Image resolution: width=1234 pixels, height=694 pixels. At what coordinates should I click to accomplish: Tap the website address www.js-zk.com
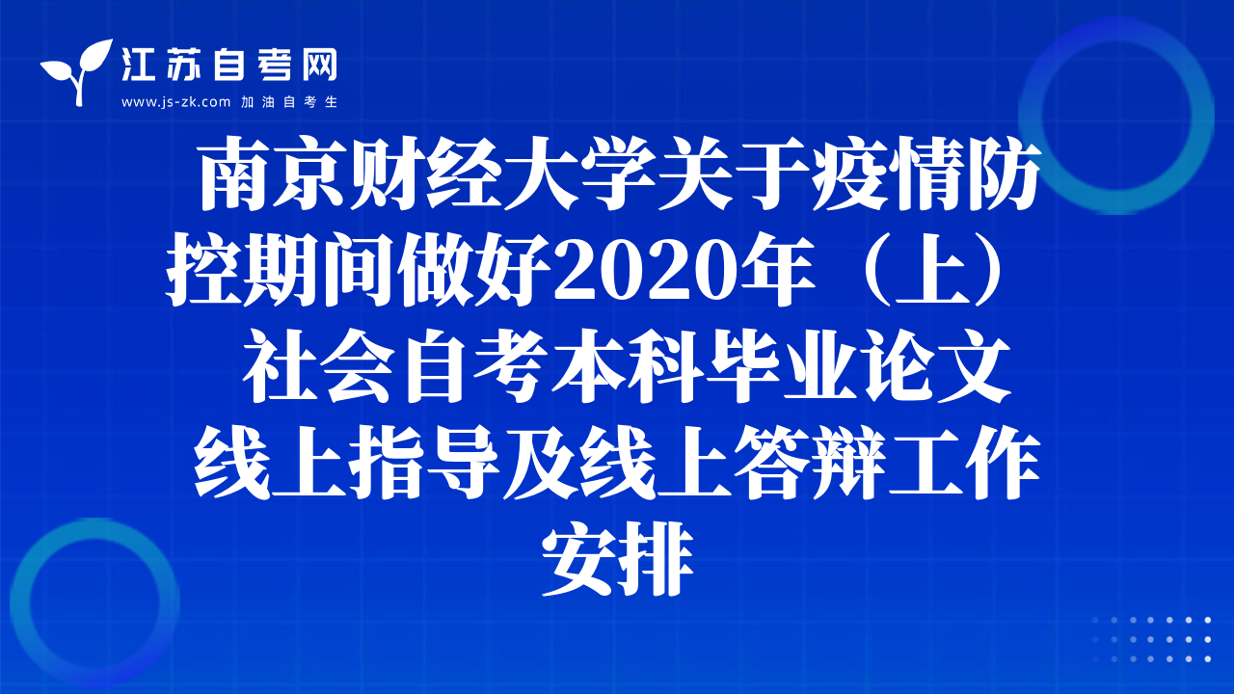click(175, 102)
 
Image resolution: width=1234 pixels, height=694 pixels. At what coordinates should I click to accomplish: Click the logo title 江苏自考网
click(229, 65)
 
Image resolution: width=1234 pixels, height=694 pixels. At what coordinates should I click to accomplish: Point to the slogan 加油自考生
click(289, 102)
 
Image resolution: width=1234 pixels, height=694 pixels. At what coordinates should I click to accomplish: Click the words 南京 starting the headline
click(274, 174)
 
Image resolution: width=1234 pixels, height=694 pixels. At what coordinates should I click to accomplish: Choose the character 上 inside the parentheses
click(932, 271)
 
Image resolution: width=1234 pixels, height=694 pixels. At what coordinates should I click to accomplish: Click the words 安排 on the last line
click(618, 559)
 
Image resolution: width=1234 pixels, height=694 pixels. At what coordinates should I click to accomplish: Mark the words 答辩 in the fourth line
click(810, 463)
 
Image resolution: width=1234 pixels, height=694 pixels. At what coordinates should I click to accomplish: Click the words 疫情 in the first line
click(887, 174)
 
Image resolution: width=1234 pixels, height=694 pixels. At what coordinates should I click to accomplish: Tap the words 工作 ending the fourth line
click(964, 463)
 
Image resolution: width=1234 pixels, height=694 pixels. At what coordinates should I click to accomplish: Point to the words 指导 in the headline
click(424, 463)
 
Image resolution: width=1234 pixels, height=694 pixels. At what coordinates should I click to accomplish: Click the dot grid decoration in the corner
click(1152, 639)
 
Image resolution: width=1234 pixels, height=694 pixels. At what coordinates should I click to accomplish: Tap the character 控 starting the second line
click(204, 271)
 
